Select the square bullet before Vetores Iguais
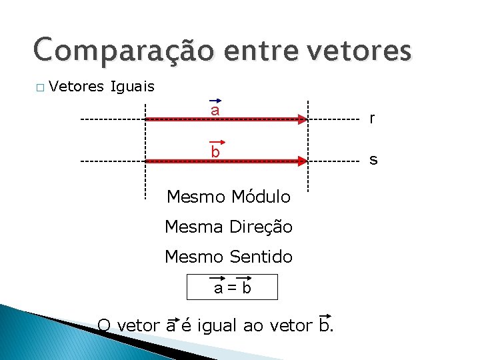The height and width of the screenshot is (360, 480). point(39,87)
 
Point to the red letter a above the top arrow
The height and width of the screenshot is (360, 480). point(215,110)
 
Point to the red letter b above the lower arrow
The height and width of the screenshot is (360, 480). point(215,152)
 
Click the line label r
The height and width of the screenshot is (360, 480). point(372,119)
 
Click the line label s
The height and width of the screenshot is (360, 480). point(373,160)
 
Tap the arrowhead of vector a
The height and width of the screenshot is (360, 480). point(301,119)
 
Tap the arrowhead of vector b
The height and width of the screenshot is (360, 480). point(301,161)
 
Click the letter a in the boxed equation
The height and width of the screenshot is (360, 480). point(218,289)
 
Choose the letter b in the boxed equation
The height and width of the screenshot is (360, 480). point(246,288)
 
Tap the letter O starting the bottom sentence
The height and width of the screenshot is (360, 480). point(104,325)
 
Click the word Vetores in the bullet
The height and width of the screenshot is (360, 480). point(75,86)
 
